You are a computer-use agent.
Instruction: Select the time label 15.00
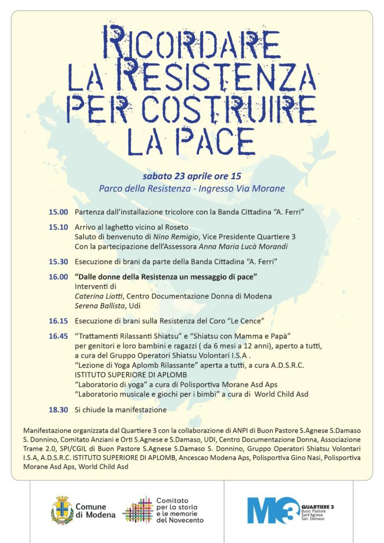point(58,212)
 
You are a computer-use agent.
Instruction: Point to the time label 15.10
point(58,227)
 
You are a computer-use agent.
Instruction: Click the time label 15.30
point(58,262)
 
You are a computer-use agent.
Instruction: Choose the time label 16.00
point(58,277)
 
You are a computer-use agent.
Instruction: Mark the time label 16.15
point(58,321)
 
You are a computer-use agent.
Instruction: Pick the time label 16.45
point(58,336)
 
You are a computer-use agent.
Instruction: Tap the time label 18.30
point(58,410)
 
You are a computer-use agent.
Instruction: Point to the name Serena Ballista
point(103,306)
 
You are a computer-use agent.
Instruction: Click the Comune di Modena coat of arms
point(62,511)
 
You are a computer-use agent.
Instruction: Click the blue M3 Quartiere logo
point(270,511)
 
